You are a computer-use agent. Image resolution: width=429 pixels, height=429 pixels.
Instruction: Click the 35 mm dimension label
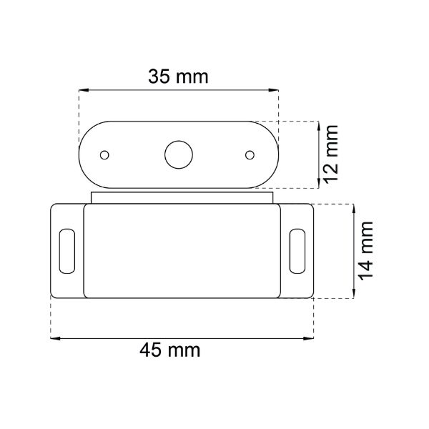[178, 77]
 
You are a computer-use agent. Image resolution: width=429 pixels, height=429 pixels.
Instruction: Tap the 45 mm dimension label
[169, 350]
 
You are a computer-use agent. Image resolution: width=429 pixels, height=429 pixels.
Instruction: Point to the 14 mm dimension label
[365, 250]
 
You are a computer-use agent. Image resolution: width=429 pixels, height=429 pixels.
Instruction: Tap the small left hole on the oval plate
[105, 154]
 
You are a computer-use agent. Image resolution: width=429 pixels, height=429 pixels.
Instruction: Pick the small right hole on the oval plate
[250, 154]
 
